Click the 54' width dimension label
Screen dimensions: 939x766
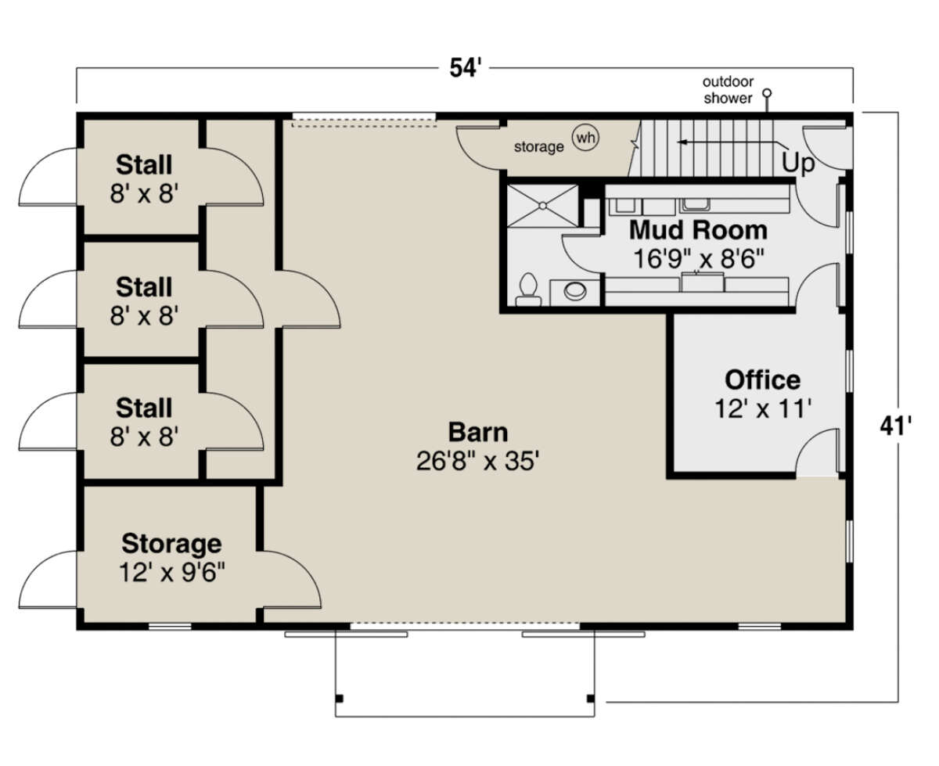point(465,68)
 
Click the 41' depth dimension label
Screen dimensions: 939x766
point(895,426)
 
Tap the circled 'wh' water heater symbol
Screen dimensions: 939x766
point(585,138)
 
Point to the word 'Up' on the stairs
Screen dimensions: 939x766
point(798,164)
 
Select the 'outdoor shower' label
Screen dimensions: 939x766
point(728,90)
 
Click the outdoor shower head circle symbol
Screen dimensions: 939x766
point(767,93)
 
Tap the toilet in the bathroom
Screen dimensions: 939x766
point(528,289)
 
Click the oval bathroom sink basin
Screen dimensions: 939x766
point(575,291)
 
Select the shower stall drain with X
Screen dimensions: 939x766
point(543,206)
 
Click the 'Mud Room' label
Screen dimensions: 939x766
point(698,230)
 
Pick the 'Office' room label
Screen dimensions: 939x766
point(763,379)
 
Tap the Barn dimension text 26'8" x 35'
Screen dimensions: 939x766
point(478,461)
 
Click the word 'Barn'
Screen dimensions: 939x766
point(478,432)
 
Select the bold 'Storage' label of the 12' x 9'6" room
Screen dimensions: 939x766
point(171,545)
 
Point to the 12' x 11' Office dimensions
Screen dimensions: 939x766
point(763,408)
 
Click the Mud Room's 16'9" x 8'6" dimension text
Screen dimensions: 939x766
point(698,259)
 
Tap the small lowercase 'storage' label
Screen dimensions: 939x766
point(538,146)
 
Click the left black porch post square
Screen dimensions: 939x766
point(339,699)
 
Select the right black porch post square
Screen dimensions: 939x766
point(590,699)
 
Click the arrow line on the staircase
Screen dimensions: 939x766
point(730,142)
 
